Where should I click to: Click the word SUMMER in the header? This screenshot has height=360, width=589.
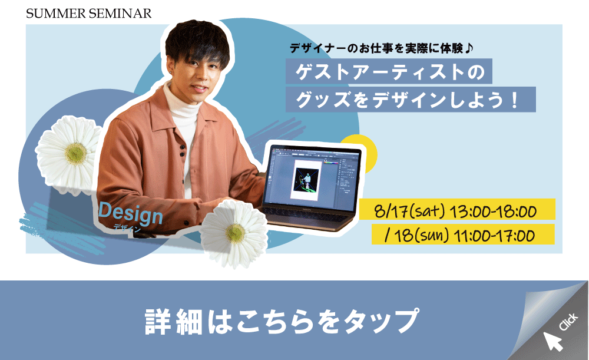click(56, 14)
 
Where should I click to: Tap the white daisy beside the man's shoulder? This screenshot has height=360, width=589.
click(69, 153)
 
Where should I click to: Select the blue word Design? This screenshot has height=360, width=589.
click(130, 214)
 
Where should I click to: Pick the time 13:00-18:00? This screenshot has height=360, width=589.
click(493, 211)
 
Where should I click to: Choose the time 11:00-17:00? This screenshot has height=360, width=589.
click(494, 236)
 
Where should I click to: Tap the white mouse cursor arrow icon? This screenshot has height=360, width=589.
click(552, 341)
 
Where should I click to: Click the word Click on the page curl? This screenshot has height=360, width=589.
click(568, 322)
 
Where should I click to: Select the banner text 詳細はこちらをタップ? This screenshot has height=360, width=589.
click(282, 322)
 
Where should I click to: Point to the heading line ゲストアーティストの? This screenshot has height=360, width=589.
click(389, 71)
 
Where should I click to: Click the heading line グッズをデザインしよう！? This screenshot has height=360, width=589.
click(408, 100)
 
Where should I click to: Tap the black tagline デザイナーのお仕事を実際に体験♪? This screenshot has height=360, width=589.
click(381, 48)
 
